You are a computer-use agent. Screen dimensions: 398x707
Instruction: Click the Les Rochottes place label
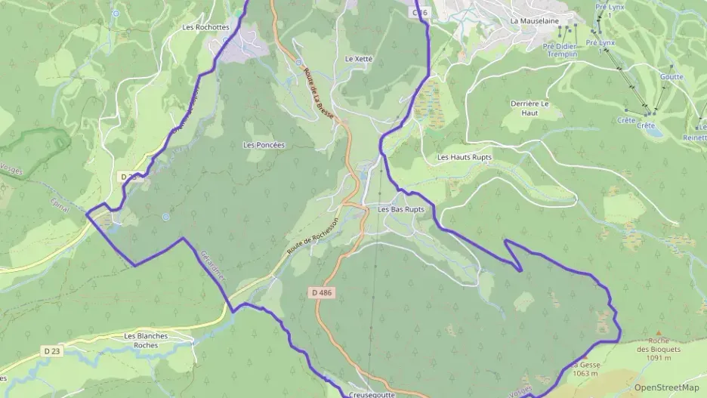[x=205, y=27]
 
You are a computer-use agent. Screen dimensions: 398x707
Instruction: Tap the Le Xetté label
[x=360, y=58]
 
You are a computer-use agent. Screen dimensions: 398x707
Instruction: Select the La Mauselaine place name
[x=533, y=21]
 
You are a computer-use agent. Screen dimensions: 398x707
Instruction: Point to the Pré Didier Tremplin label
[x=560, y=50]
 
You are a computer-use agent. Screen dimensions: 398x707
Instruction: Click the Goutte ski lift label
[x=671, y=77]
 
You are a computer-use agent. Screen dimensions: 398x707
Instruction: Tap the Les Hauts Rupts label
[x=465, y=157]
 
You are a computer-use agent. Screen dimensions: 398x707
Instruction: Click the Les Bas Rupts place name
[x=401, y=209]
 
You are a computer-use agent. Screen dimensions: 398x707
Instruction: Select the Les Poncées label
[x=264, y=144]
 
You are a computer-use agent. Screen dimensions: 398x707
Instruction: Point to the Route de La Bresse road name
[x=318, y=92]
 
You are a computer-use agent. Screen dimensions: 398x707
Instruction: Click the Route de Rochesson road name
[x=310, y=241]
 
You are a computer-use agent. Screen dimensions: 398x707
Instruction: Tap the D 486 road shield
[x=320, y=292]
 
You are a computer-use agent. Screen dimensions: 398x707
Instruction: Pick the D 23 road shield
[x=51, y=351]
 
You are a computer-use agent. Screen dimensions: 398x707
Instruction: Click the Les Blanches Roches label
[x=146, y=340]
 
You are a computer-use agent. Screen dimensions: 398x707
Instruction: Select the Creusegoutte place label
[x=373, y=394]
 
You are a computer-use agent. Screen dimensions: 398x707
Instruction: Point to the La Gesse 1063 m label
[x=586, y=369]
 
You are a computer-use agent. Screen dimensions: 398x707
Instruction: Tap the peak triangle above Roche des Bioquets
[x=658, y=333]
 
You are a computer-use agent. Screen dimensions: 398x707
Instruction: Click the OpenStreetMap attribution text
[x=666, y=387]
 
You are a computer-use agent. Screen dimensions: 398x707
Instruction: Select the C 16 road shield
[x=421, y=13]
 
